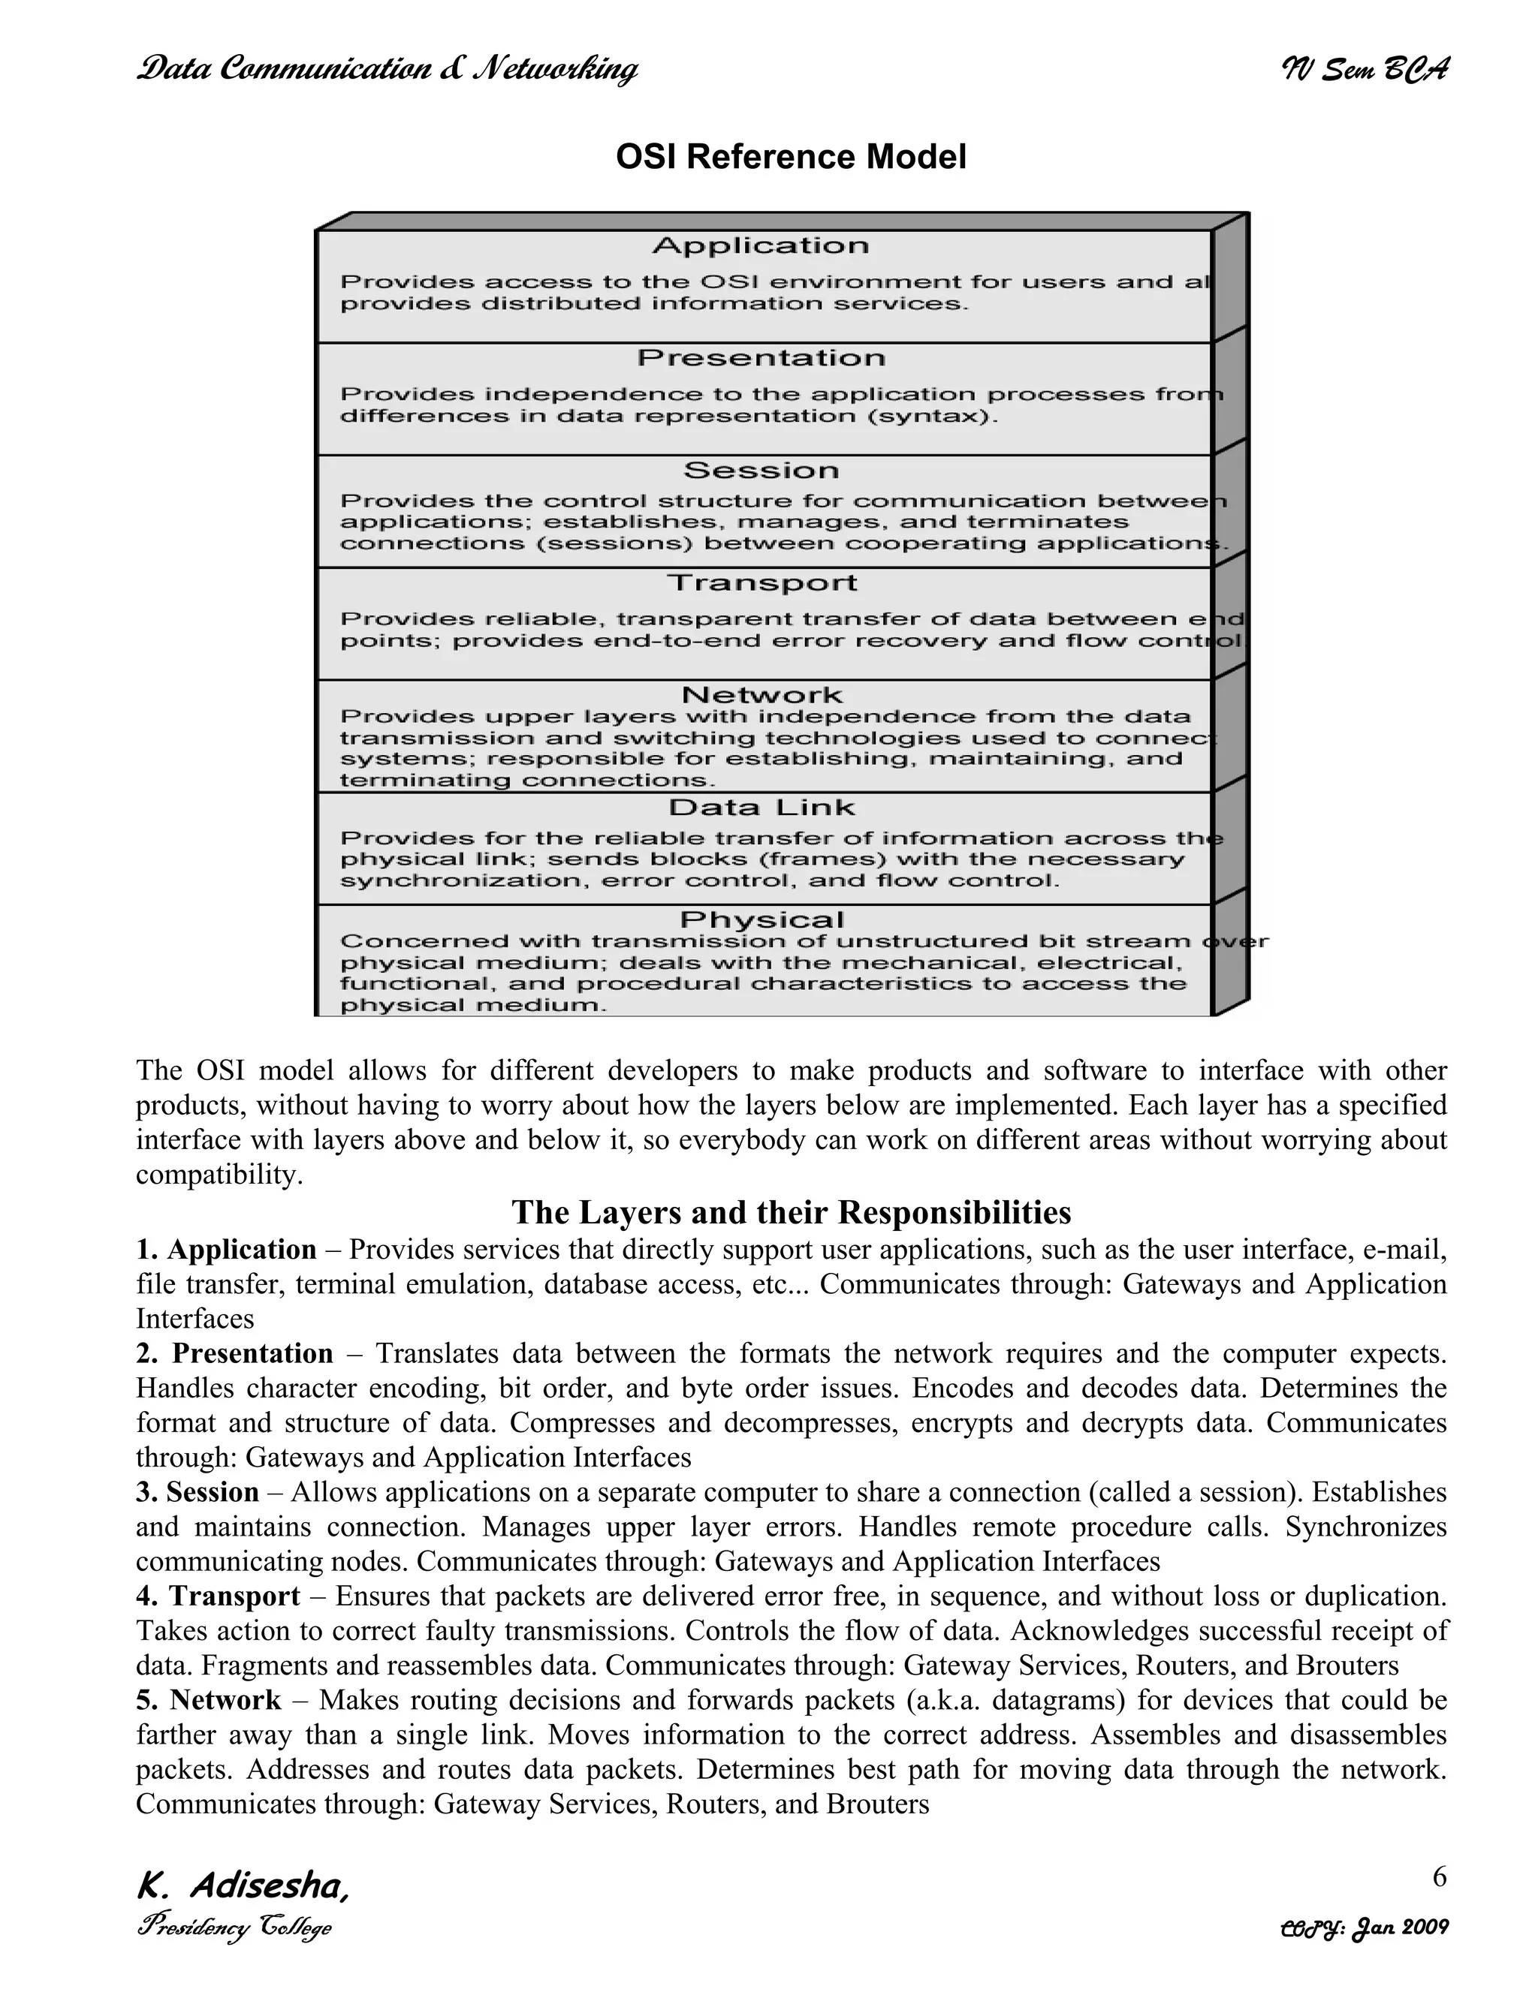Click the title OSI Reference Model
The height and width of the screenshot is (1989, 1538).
click(790, 157)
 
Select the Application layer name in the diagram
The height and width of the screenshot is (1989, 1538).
click(761, 246)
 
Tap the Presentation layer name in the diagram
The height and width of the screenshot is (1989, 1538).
click(761, 358)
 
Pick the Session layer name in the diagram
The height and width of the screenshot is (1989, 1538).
click(761, 471)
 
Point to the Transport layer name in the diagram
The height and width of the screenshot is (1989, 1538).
click(761, 583)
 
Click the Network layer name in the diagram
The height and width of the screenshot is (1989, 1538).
click(761, 695)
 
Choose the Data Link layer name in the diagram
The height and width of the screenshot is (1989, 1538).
click(761, 808)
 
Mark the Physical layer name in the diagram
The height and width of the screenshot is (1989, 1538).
click(761, 920)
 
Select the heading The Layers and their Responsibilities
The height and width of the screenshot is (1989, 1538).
click(790, 1213)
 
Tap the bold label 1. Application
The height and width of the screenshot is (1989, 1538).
click(226, 1250)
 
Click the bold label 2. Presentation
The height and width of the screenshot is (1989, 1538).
click(234, 1353)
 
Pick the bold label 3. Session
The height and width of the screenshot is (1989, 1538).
click(198, 1492)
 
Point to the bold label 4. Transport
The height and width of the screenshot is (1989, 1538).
click(218, 1596)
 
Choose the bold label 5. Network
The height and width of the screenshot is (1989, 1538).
click(209, 1699)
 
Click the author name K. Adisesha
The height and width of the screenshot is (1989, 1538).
click(242, 1886)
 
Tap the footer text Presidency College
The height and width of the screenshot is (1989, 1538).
click(234, 1928)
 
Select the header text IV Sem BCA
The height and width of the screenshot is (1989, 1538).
click(1364, 69)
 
